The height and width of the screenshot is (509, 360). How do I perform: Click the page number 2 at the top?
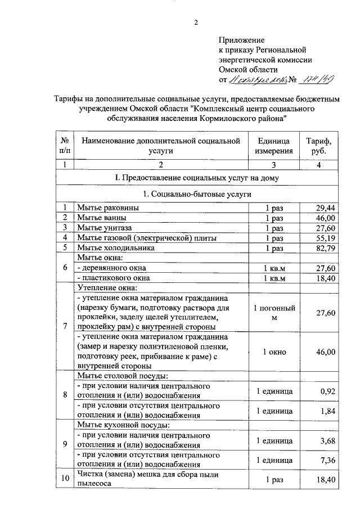196,22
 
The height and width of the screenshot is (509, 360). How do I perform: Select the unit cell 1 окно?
273,352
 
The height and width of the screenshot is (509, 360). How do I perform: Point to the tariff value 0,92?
328,391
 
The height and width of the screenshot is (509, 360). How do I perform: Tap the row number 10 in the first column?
65,478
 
